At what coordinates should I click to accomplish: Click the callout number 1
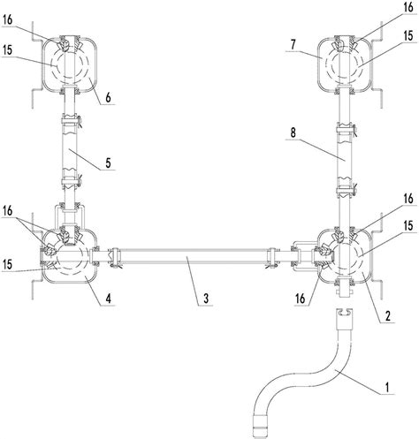(387, 387)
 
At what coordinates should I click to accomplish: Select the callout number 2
(388, 316)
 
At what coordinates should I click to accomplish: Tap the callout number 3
(206, 299)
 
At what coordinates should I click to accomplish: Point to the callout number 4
(108, 299)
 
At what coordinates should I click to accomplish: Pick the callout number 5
(108, 163)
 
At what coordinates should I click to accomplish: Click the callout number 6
(108, 97)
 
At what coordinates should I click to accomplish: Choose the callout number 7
(293, 44)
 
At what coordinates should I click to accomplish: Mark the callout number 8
(293, 132)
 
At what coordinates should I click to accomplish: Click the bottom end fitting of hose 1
(261, 427)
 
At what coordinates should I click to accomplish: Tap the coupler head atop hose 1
(345, 319)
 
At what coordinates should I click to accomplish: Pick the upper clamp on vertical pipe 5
(71, 121)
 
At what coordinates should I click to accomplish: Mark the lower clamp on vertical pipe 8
(347, 191)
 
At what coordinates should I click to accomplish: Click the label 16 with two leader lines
(8, 210)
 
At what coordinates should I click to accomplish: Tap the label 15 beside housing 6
(8, 50)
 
